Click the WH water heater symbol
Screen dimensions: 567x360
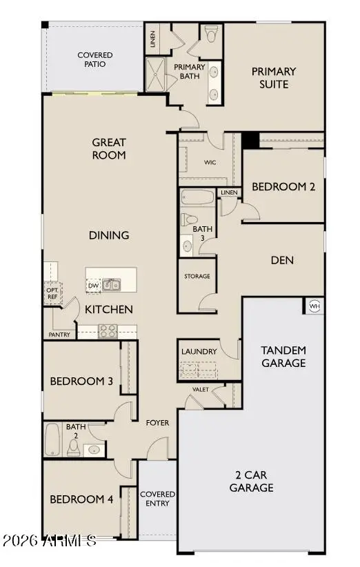[314, 306]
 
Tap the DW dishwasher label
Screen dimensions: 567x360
[93, 286]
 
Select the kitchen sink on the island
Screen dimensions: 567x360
[112, 284]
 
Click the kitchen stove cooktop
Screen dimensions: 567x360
[108, 330]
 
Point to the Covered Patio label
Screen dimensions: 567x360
[95, 60]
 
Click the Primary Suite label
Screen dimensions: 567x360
[274, 77]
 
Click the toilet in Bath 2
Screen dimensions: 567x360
[74, 448]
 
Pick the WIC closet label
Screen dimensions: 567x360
[211, 163]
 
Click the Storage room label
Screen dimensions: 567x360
[197, 277]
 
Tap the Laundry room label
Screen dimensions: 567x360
[199, 352]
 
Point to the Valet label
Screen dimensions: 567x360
[201, 390]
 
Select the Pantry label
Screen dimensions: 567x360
[59, 335]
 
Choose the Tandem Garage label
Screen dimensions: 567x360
[283, 357]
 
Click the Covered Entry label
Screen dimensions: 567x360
[157, 499]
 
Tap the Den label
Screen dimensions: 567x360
[283, 260]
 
